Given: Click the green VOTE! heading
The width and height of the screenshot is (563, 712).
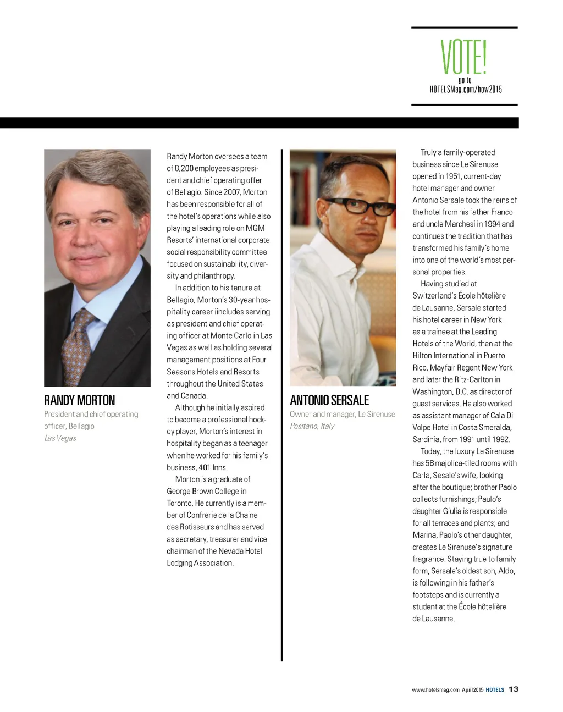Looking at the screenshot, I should [464, 57].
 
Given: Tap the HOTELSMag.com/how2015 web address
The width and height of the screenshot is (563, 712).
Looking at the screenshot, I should [465, 90].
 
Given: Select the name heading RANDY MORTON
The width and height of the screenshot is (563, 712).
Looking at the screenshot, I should [80, 400].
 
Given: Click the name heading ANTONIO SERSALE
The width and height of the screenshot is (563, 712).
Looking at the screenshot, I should [329, 400].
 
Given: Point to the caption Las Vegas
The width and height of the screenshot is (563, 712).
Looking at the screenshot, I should [60, 438].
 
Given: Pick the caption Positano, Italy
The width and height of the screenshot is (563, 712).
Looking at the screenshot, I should [312, 426].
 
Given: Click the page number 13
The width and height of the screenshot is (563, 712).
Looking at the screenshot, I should [514, 689].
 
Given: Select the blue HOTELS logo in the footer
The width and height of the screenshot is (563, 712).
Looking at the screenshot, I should [495, 689].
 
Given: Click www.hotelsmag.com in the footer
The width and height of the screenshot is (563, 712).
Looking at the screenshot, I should [435, 689].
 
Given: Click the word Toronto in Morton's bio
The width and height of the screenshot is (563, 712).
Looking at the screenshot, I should [180, 503].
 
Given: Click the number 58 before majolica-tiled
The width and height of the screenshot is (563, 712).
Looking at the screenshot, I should [429, 463].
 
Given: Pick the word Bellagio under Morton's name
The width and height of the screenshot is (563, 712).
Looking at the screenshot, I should [81, 426].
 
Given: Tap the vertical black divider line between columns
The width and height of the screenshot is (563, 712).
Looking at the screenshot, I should [281, 407].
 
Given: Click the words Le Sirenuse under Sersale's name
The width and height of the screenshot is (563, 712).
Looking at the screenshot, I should [377, 414].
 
